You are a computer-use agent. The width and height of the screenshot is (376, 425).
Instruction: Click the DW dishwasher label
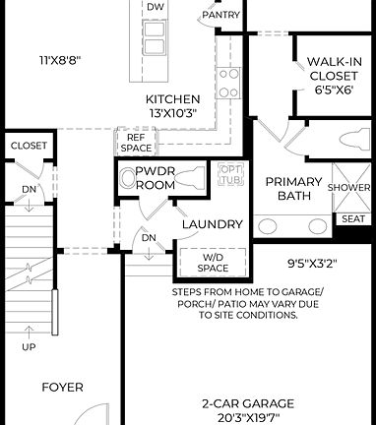point(156,8)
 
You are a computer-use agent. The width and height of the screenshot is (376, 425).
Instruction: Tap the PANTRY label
point(220,15)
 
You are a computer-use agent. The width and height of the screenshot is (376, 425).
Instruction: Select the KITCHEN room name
point(173,99)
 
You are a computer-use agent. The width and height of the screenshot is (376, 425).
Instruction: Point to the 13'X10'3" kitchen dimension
point(173,113)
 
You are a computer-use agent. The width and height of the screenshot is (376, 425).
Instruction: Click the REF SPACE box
point(138,143)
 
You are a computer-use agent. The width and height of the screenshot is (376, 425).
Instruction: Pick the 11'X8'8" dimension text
point(60,59)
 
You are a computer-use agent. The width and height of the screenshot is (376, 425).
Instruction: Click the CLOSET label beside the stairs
point(29,146)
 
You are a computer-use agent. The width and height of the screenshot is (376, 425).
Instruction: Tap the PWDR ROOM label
point(155,177)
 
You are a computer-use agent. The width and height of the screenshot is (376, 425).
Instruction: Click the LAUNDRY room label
point(211,224)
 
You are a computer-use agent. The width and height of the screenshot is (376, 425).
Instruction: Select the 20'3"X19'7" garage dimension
point(248,417)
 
